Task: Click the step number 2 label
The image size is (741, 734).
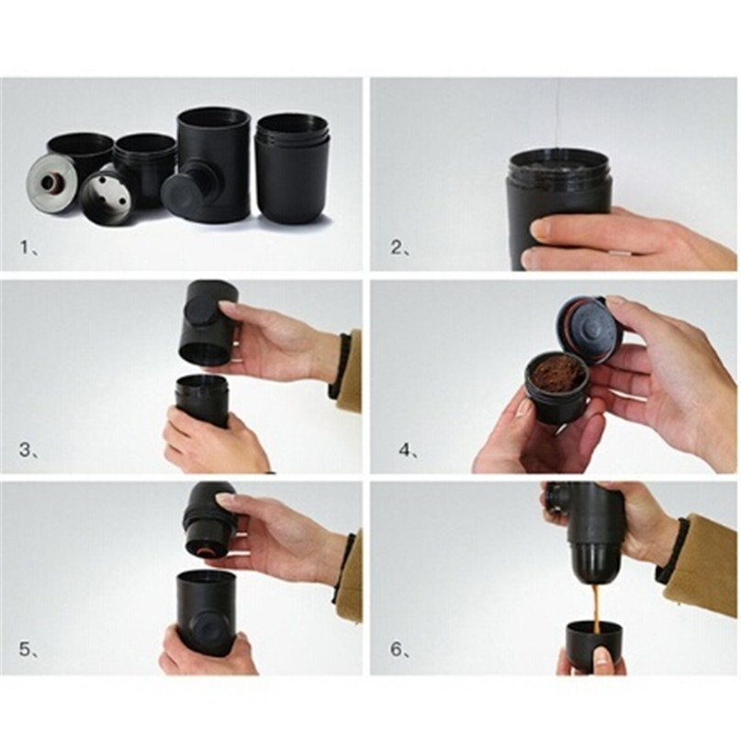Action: coord(399,247)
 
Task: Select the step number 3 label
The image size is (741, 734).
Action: coord(28,450)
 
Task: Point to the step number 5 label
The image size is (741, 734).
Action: coord(28,650)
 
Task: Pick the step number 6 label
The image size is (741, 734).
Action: coord(399,650)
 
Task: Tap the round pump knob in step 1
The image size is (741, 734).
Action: coord(180,195)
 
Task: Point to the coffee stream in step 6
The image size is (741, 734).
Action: coord(597,608)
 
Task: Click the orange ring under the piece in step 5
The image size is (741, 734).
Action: coord(207,552)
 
